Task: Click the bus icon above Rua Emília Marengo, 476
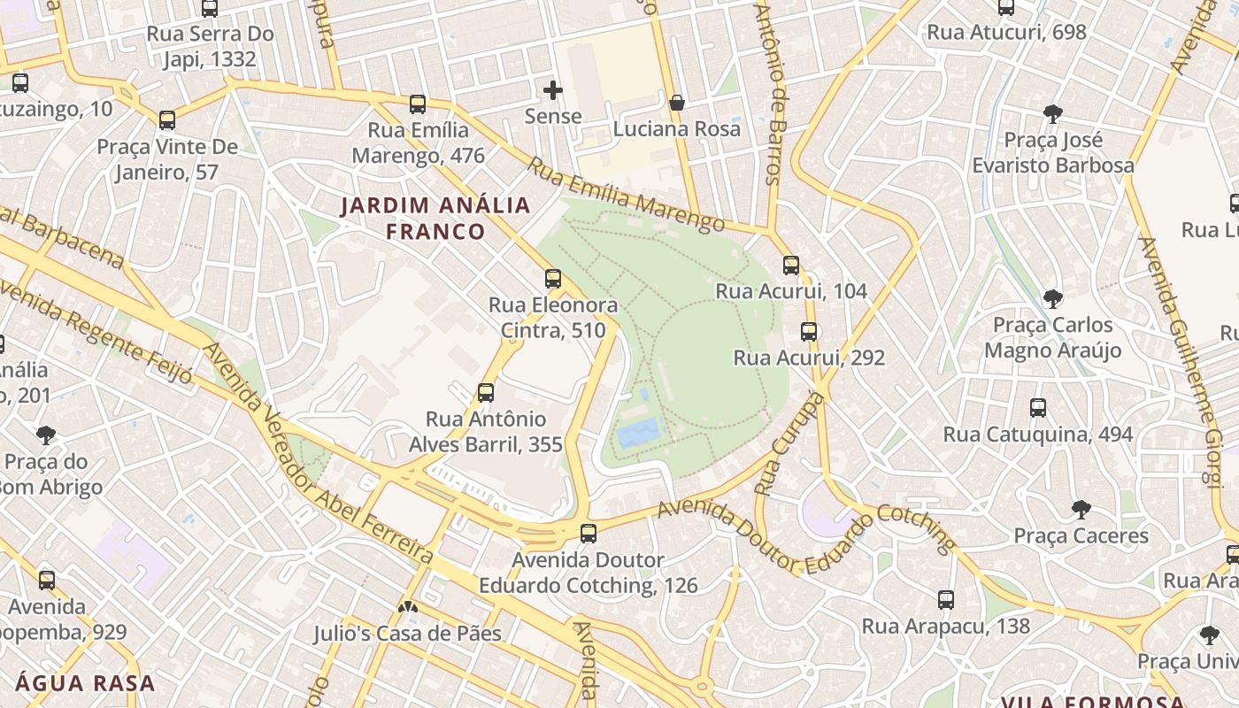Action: pos(418,104)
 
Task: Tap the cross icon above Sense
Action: pos(553,90)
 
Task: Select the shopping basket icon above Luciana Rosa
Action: pos(677,104)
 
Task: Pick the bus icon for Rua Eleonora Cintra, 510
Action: pos(553,279)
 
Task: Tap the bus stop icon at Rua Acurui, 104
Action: pos(791,265)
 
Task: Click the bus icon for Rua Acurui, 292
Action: pos(809,332)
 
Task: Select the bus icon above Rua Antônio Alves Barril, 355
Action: pos(485,393)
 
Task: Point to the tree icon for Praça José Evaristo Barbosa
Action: pos(1052,114)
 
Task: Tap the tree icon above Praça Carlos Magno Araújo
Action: pos(1052,299)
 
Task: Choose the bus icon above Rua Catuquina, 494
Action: pos(1038,408)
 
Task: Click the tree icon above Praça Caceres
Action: pos(1081,510)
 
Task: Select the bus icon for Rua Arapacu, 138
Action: pos(946,600)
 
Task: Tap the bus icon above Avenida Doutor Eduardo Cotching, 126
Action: pos(589,534)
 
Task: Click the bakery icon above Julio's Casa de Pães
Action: pos(407,608)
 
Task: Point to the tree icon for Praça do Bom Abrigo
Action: pos(46,435)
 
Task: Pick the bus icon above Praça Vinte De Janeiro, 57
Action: pos(167,120)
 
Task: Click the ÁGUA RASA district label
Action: pos(85,683)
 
